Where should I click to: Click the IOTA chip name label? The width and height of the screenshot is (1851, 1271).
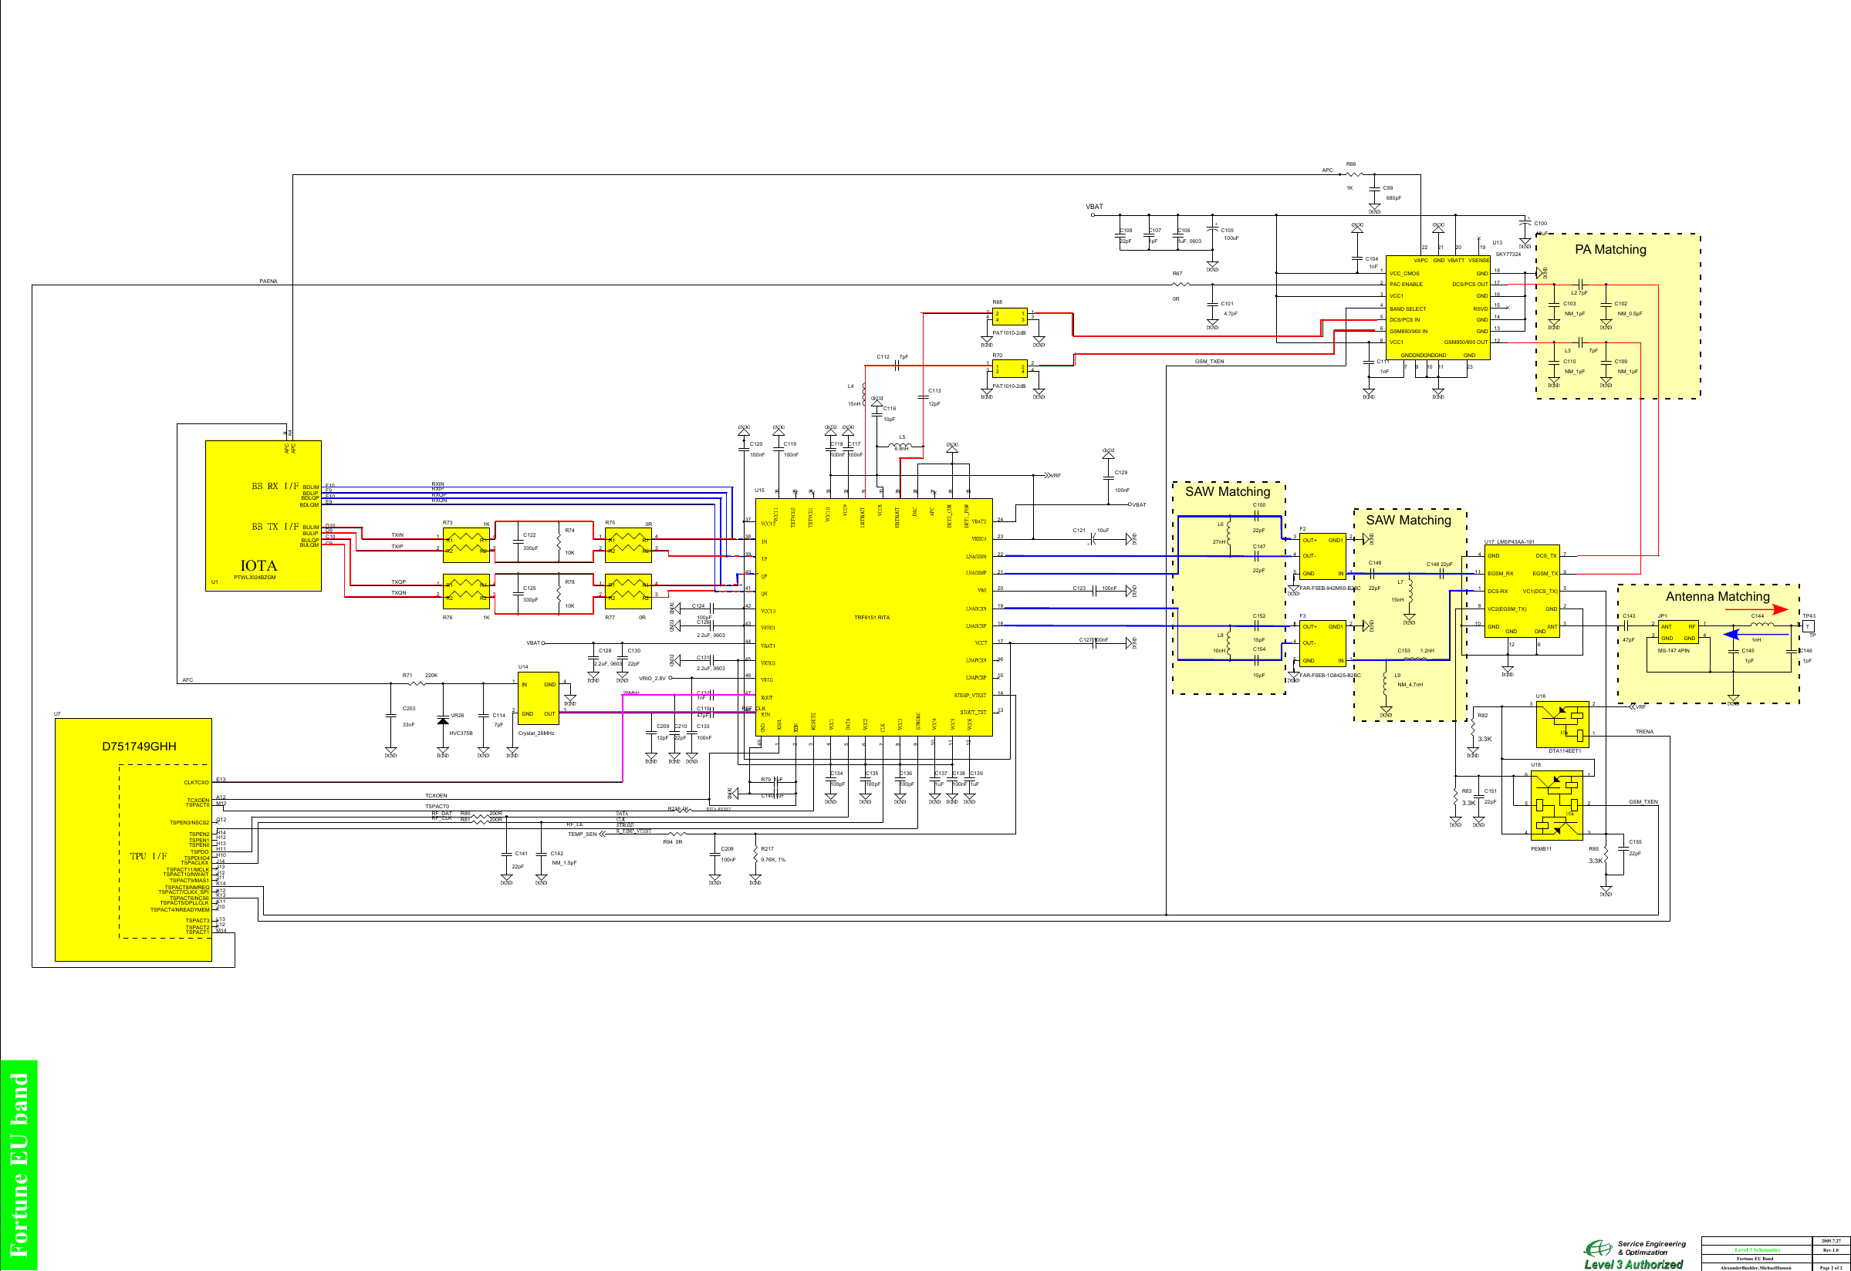click(x=258, y=565)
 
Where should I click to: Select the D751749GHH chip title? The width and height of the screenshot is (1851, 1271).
click(x=139, y=747)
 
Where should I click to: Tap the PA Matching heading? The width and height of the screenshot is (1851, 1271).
click(x=1609, y=249)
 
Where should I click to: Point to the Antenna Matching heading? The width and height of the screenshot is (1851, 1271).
click(x=1718, y=596)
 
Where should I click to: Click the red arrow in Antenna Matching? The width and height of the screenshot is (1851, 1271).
click(x=1756, y=610)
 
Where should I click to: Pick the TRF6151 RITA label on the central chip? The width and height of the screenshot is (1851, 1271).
click(x=871, y=617)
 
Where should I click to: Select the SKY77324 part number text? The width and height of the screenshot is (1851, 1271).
click(x=1508, y=254)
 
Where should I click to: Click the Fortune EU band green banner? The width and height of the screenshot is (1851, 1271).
click(x=19, y=1165)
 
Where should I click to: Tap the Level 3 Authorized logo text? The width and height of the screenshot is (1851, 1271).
click(x=1633, y=1264)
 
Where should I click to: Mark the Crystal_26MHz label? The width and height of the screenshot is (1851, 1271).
click(x=536, y=733)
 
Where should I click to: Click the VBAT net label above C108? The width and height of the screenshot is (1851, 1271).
click(x=1094, y=207)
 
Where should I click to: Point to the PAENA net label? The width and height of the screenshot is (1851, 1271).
click(x=269, y=282)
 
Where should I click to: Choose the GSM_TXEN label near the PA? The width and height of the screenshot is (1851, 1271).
click(x=1209, y=362)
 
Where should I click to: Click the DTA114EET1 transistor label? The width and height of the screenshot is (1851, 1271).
click(x=1564, y=750)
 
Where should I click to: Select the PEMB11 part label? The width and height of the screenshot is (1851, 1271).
click(x=1540, y=848)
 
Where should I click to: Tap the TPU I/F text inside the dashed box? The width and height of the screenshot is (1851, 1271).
click(x=149, y=856)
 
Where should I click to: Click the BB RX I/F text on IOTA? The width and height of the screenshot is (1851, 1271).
click(x=275, y=486)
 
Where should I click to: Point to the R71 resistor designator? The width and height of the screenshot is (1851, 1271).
click(x=407, y=676)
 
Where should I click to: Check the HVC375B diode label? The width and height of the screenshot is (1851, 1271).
click(x=461, y=733)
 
